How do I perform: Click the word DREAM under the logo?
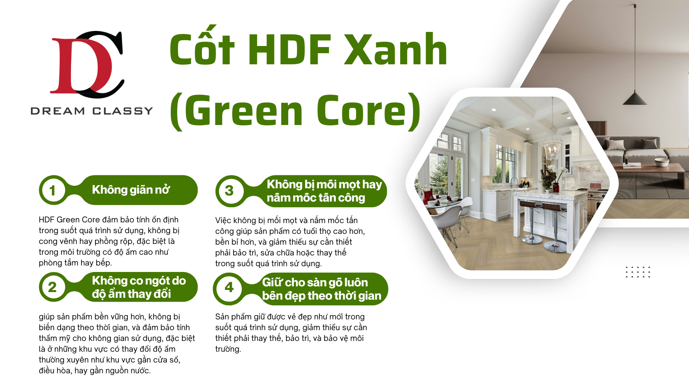(58, 111)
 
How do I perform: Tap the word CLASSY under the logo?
(123, 111)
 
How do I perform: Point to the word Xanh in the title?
(395, 49)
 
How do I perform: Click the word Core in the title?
(363, 110)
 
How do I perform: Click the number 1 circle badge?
(52, 190)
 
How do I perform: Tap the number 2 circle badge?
(52, 287)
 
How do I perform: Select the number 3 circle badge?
(229, 191)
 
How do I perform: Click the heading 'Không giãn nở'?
(131, 190)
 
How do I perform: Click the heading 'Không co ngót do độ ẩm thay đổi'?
(139, 287)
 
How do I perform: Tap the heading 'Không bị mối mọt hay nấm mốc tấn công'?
(324, 191)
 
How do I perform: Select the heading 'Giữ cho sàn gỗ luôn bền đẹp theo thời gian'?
(322, 289)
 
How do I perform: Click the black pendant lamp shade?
(634, 98)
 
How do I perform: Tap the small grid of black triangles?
(638, 272)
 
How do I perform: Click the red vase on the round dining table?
(428, 197)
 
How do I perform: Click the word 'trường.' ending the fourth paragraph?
(228, 349)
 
